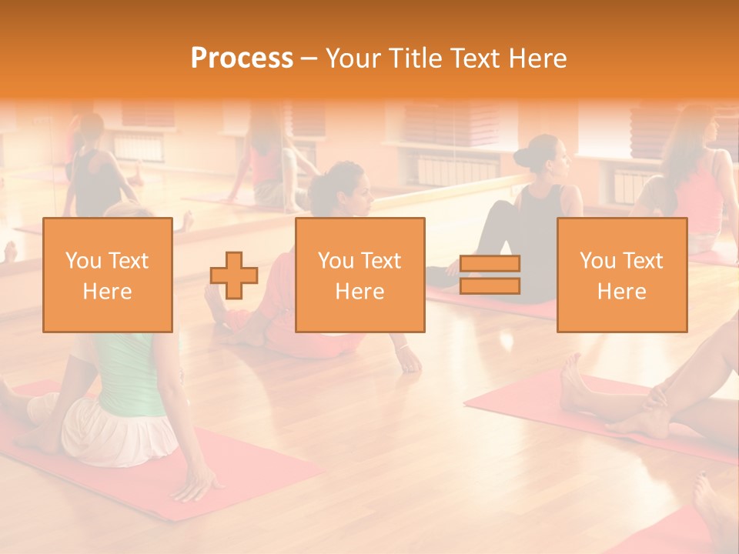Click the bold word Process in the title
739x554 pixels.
(x=242, y=58)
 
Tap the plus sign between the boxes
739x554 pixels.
(x=234, y=275)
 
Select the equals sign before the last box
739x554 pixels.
(x=490, y=275)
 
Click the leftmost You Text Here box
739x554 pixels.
(x=108, y=275)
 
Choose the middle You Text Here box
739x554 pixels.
(x=359, y=275)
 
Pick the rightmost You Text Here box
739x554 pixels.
(x=621, y=275)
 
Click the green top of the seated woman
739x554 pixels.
(x=131, y=377)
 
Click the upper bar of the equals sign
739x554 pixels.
(x=490, y=264)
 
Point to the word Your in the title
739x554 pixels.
(x=351, y=58)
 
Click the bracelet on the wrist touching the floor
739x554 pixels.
(x=403, y=347)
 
